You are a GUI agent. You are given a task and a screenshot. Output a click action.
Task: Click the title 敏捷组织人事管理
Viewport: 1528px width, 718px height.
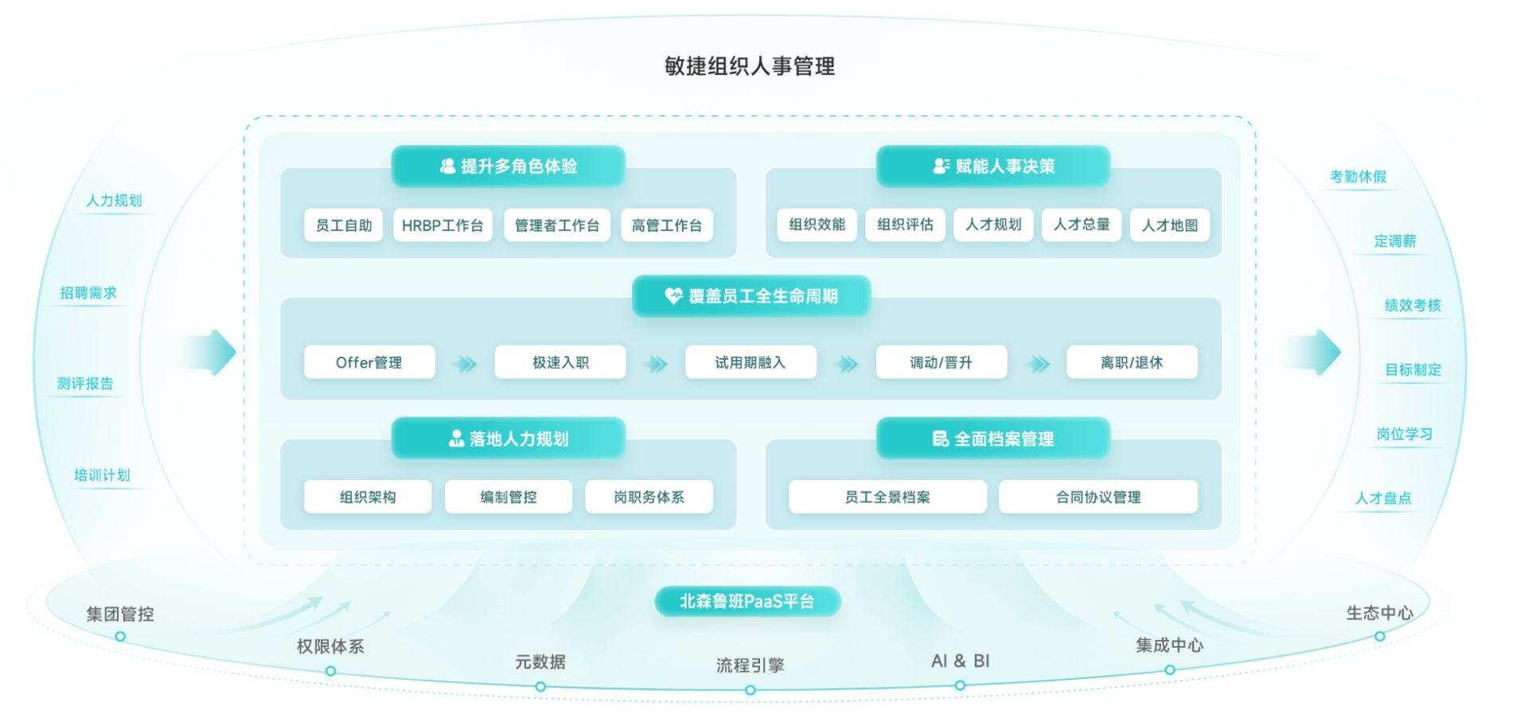[750, 66]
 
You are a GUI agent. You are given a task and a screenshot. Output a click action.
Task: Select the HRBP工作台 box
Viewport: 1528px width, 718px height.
[442, 225]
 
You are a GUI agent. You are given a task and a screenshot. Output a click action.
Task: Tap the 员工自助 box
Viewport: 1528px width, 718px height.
[344, 225]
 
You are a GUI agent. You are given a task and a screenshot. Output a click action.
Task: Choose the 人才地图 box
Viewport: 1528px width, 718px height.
[1169, 225]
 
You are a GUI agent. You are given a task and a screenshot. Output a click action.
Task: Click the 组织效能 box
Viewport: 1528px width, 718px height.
[817, 225]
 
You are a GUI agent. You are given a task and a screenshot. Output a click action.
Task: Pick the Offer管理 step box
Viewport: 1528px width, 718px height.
[369, 362]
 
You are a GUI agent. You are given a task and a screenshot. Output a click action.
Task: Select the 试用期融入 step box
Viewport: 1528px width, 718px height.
[750, 362]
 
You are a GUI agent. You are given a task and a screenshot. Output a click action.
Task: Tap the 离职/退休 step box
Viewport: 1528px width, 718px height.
[1132, 362]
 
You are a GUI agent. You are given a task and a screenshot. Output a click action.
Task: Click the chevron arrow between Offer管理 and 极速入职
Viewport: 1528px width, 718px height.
[465, 364]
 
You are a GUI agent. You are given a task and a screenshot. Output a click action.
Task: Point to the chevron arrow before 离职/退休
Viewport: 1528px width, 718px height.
[1037, 364]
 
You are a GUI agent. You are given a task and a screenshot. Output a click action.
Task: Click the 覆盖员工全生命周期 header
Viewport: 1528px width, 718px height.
[751, 296]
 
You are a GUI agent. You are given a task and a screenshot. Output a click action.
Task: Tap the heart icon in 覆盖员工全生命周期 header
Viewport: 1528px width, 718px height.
[673, 296]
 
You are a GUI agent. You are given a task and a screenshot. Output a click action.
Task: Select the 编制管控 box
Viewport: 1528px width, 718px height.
[509, 497]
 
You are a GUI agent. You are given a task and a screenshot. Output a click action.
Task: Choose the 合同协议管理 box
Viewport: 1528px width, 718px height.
[1098, 497]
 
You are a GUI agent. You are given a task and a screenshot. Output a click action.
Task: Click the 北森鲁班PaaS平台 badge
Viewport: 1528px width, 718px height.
[747, 601]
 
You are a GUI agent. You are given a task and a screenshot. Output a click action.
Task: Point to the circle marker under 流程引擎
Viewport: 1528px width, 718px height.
[750, 690]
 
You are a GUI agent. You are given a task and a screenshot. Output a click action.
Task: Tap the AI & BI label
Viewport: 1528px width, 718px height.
[960, 661]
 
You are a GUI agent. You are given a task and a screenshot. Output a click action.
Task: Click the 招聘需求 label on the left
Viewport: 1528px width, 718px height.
[88, 293]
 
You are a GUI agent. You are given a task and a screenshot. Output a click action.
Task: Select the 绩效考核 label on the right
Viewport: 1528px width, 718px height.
[1413, 305]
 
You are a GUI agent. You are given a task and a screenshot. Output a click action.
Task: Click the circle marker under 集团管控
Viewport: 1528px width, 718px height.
[120, 636]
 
